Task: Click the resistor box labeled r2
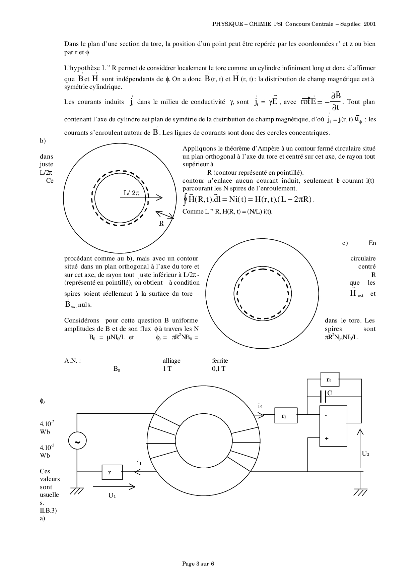point(330,379)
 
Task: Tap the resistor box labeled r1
point(285,416)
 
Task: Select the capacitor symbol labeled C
point(323,396)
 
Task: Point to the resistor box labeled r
point(112,472)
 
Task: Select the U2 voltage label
point(365,454)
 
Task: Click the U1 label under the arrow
point(112,495)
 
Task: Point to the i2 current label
point(260,406)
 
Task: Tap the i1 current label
point(139,463)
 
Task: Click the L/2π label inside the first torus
point(131,193)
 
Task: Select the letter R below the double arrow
point(161,224)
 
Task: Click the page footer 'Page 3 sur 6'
point(198,564)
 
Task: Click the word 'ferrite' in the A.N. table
point(220,361)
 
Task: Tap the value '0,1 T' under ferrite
point(219,369)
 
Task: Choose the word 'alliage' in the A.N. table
point(171,361)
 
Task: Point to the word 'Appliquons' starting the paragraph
point(198,149)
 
